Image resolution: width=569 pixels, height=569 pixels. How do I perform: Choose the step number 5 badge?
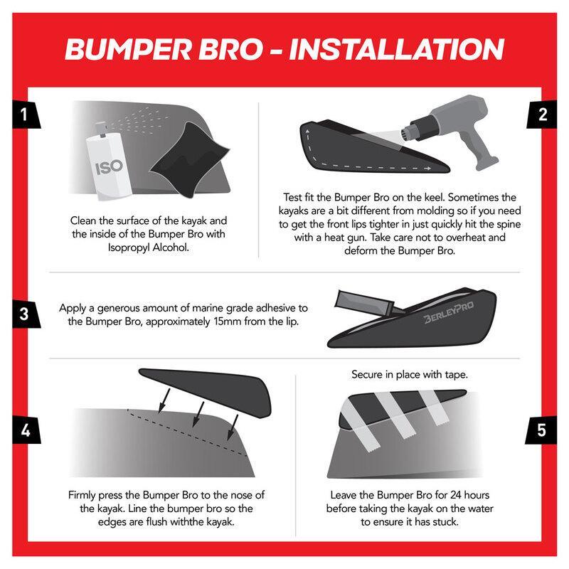point(542,431)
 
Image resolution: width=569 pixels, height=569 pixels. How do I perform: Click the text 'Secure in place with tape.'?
point(409,373)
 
